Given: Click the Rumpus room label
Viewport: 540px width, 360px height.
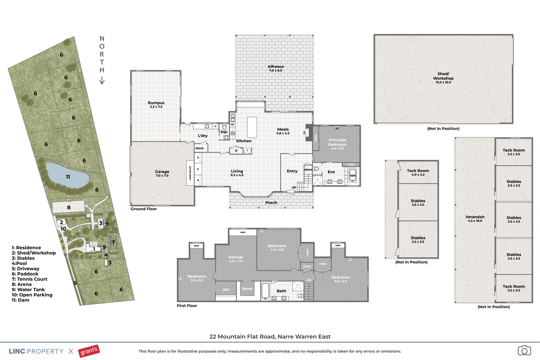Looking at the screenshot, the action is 156,104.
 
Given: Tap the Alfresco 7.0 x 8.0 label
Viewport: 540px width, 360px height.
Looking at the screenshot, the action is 276,68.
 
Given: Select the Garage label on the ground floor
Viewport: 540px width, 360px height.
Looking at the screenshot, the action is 162,173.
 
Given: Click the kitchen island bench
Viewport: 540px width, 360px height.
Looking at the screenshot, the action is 252,127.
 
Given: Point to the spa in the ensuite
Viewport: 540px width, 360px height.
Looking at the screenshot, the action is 353,175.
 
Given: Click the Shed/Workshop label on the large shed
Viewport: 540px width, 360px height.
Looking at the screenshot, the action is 443,78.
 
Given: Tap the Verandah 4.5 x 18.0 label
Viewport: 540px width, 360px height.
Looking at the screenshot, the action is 475,218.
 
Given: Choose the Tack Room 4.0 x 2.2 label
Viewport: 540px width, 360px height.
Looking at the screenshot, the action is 418,172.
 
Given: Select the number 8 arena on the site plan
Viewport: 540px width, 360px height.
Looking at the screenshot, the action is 69,207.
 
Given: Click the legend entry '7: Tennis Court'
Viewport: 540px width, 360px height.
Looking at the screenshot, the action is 29,279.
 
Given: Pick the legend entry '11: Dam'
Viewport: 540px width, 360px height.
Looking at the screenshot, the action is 20,300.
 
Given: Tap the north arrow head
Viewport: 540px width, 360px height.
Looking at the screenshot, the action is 102,81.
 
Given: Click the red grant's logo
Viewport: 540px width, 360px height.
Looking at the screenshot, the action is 89,351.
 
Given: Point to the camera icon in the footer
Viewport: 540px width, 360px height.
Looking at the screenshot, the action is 524,350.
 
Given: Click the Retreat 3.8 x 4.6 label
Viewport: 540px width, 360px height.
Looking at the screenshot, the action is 236,259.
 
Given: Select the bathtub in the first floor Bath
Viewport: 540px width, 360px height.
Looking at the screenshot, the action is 265,291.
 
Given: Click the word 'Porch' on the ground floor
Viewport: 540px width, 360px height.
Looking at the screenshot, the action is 271,203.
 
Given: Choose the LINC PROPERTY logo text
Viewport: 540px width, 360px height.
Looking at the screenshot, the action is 36,351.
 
